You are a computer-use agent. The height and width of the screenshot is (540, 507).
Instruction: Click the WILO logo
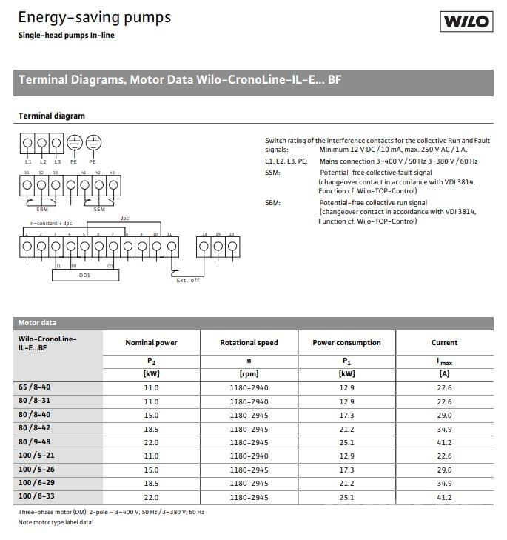pos(466,21)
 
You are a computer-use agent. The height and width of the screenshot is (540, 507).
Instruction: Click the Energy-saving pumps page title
pos(94,17)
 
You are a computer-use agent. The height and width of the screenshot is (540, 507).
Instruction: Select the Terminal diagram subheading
pos(51,116)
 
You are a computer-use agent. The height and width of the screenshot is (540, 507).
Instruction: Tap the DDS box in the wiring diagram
pos(85,275)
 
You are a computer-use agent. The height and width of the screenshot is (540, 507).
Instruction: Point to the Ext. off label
pos(187,280)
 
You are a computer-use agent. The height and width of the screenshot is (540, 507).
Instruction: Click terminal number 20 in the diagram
pos(232,234)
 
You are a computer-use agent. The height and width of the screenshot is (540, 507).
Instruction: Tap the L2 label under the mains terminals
pos(43,161)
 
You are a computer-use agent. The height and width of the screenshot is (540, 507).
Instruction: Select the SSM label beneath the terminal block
pos(99,209)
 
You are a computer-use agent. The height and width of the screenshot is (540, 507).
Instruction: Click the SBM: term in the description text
pos(273,202)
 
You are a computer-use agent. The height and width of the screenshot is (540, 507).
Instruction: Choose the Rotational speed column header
pos(249,343)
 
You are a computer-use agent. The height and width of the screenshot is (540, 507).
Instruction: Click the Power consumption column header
pos(347,343)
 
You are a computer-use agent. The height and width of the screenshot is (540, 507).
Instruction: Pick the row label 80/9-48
pos(35,442)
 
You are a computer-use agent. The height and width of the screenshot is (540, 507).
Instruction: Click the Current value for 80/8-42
pos(444,429)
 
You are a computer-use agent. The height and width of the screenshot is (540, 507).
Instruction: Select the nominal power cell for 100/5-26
pos(151,470)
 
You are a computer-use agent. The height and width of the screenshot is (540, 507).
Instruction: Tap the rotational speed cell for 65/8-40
pos(249,387)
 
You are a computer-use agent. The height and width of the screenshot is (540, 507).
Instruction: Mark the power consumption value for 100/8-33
pos(347,497)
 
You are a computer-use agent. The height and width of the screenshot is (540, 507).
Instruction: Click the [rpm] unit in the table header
pos(249,374)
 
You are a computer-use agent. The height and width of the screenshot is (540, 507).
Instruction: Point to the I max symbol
pos(444,361)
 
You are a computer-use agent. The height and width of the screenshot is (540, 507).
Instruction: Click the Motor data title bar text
pos(37,323)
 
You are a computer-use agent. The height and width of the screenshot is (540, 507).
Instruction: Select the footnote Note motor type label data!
pos(56,522)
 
